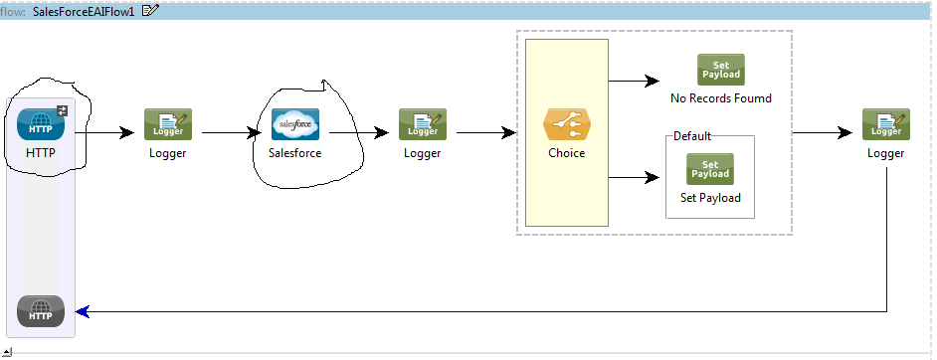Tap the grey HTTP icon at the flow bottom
41,311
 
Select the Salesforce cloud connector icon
295,124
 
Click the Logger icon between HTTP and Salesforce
168,124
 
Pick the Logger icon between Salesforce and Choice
423,124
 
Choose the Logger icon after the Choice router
885,124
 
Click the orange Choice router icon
566,124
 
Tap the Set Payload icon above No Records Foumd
721,70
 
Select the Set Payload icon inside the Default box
710,169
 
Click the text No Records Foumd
721,98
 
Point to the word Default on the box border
692,136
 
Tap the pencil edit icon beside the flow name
150,10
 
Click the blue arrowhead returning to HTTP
83,311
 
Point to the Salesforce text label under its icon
295,153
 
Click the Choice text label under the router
566,153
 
